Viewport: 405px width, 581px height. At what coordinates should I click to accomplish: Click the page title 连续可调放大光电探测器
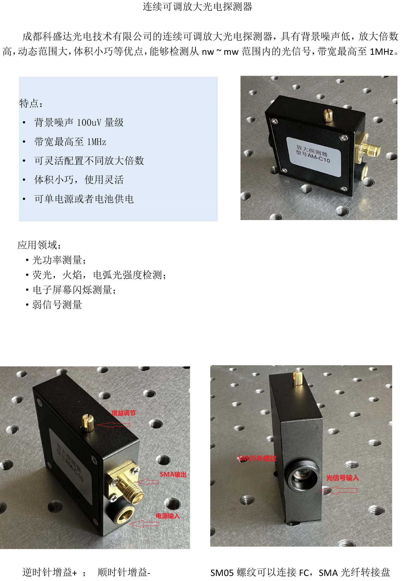[x=197, y=7]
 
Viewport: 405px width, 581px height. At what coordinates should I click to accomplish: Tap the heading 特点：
[x=31, y=103]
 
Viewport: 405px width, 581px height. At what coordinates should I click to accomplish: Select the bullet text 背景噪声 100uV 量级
[x=79, y=122]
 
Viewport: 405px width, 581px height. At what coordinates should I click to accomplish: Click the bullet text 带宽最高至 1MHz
[x=70, y=142]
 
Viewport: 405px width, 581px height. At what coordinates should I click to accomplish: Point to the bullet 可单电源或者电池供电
[x=84, y=199]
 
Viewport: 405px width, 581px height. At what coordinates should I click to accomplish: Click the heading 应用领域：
[x=39, y=245]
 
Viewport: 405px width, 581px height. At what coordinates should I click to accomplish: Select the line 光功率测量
[x=59, y=260]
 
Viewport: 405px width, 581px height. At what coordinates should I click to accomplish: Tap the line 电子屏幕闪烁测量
[x=74, y=290]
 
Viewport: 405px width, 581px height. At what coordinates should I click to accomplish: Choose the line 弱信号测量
[x=57, y=305]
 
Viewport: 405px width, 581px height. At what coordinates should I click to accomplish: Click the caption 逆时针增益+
[x=50, y=572]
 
